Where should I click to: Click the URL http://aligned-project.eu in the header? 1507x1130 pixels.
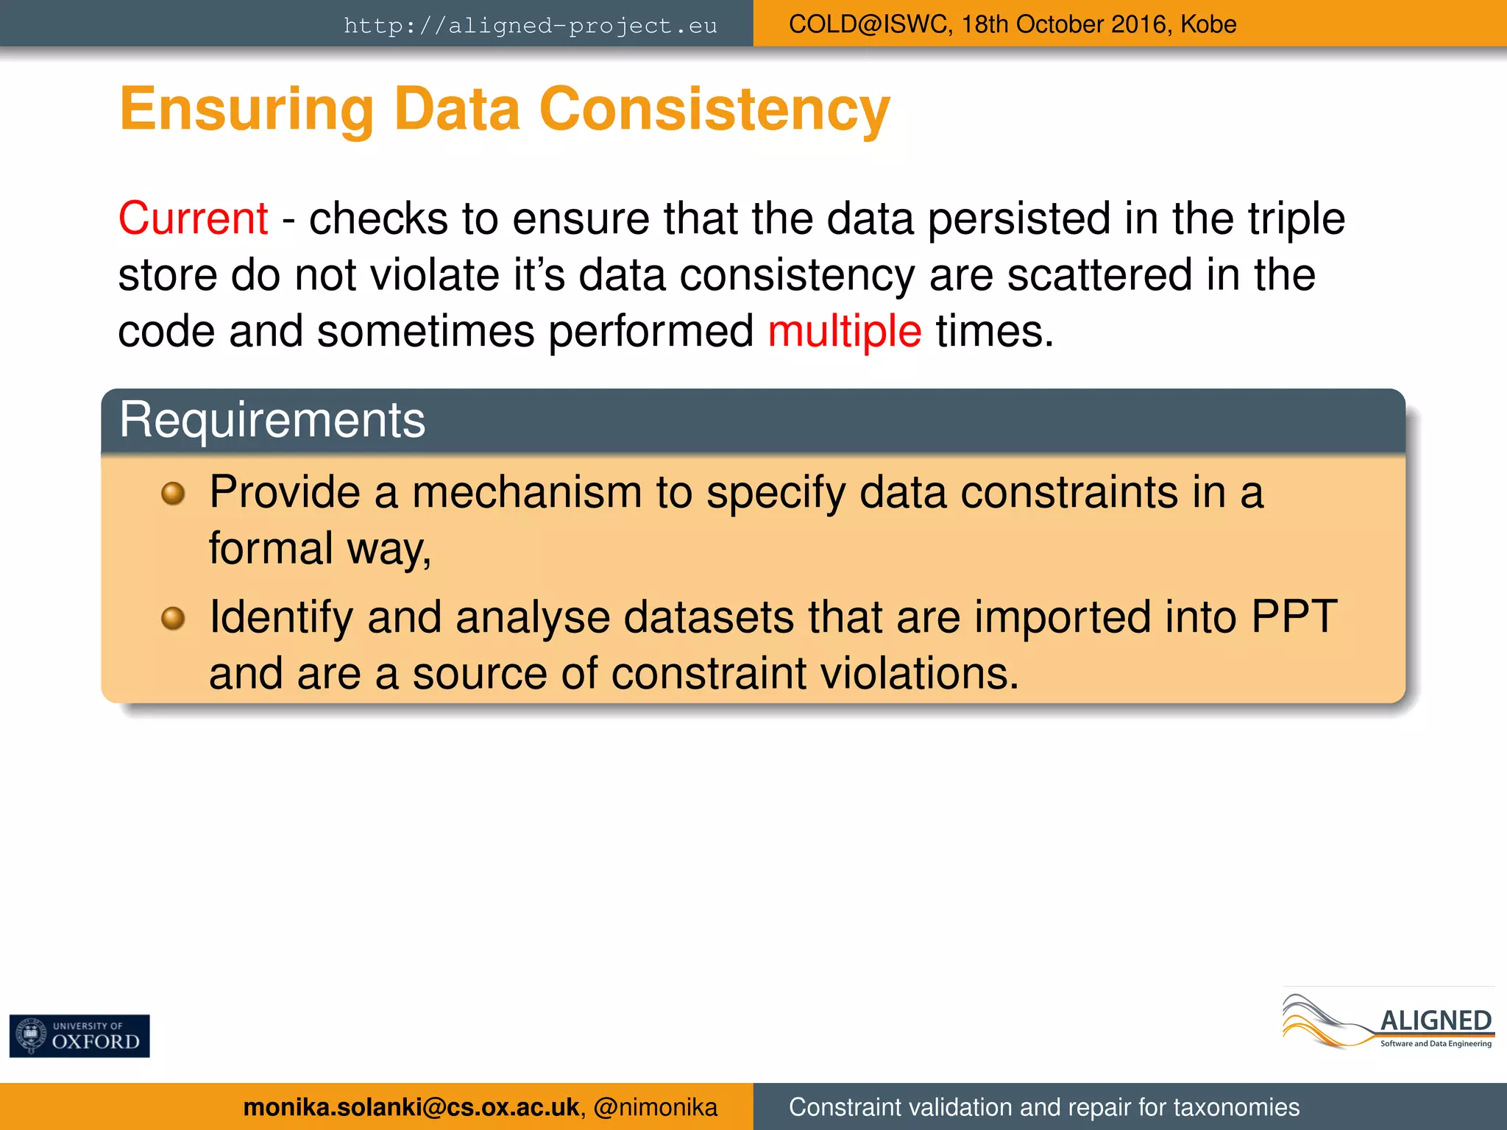(x=530, y=25)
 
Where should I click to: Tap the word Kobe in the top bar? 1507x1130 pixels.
(x=1208, y=24)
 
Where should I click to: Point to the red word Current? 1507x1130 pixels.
(x=193, y=218)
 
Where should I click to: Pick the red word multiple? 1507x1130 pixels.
(x=844, y=331)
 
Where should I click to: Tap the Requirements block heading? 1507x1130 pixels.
(x=272, y=420)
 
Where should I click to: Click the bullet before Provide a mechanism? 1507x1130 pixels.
(x=173, y=493)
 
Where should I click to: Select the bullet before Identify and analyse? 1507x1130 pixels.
(x=173, y=618)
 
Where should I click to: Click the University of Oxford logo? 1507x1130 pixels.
(x=79, y=1036)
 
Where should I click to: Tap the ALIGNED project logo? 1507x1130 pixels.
(x=1388, y=1020)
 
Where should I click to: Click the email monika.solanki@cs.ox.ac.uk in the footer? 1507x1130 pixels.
(x=411, y=1107)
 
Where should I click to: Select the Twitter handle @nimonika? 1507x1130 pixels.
(x=655, y=1107)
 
